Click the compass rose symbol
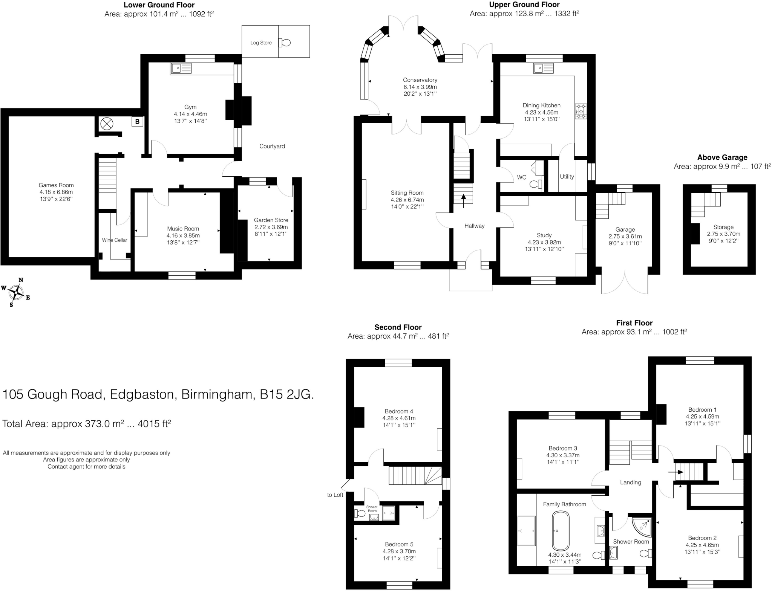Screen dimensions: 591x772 point(17,292)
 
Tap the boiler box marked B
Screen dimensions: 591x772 point(137,122)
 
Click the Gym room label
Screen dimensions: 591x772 point(190,107)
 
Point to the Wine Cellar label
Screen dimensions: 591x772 point(115,240)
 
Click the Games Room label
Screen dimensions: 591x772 point(56,185)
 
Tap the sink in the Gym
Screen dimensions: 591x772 point(181,69)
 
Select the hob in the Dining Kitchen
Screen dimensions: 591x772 point(581,111)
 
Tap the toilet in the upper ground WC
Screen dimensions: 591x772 point(536,184)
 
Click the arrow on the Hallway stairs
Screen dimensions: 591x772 point(463,200)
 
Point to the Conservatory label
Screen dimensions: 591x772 point(420,80)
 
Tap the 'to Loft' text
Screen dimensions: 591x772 point(335,495)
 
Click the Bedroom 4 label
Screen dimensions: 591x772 point(399,411)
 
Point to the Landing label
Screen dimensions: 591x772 point(630,482)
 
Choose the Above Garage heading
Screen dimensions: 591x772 point(722,157)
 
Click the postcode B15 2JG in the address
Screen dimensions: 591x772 point(286,394)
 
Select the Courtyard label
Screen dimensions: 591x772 point(272,146)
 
